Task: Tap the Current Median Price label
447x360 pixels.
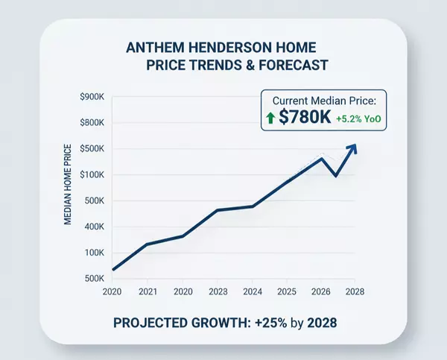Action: click(x=324, y=101)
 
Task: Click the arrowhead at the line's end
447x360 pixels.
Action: click(x=353, y=148)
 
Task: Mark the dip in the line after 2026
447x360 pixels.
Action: click(x=336, y=176)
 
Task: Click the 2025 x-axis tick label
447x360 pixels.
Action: click(x=286, y=291)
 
